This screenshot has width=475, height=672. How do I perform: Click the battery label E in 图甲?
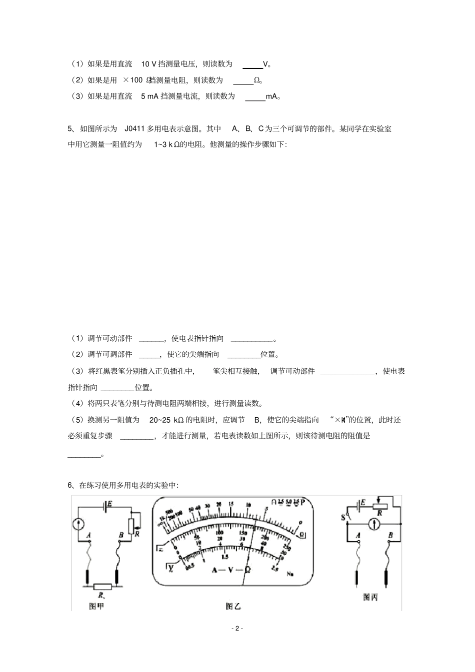(109, 503)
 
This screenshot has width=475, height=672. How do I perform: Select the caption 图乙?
(233, 606)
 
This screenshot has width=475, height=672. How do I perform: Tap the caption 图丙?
(370, 597)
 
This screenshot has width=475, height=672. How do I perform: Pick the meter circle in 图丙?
(371, 524)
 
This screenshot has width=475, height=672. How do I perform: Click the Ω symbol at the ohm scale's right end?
(302, 535)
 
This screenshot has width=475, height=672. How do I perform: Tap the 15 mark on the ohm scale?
(230, 504)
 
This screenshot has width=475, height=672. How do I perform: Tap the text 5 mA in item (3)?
(150, 96)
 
